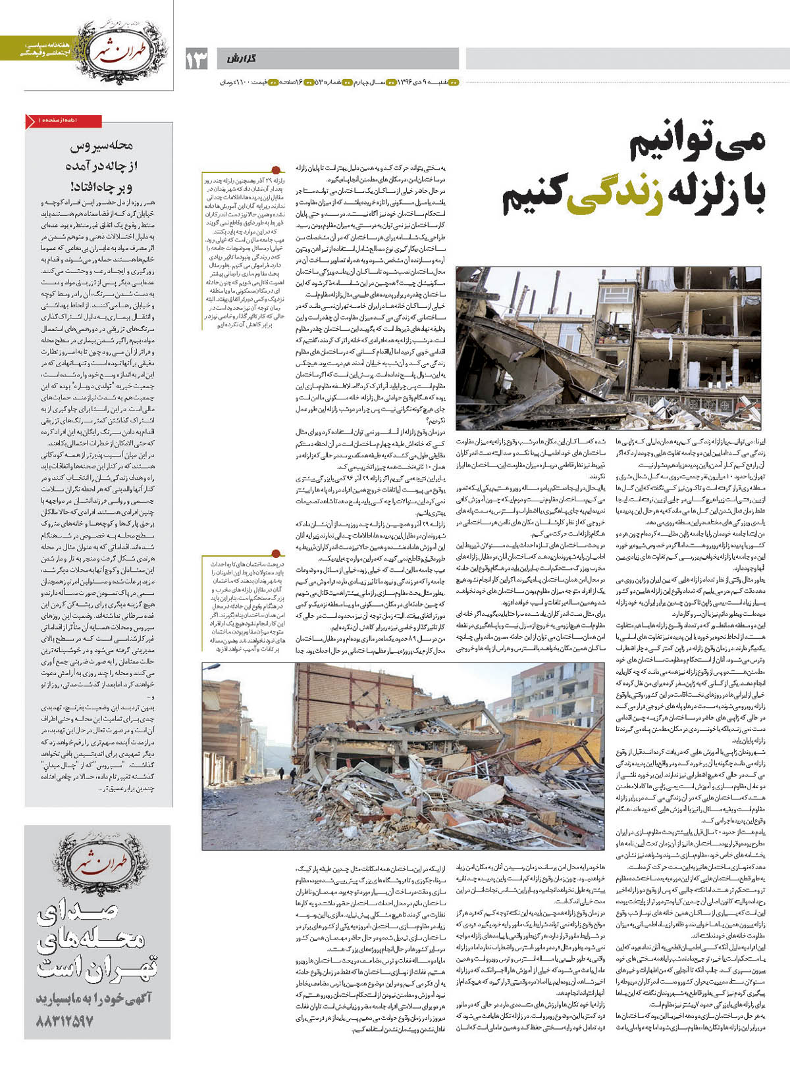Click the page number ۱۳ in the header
pos(196,59)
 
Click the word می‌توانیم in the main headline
pos(698,147)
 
